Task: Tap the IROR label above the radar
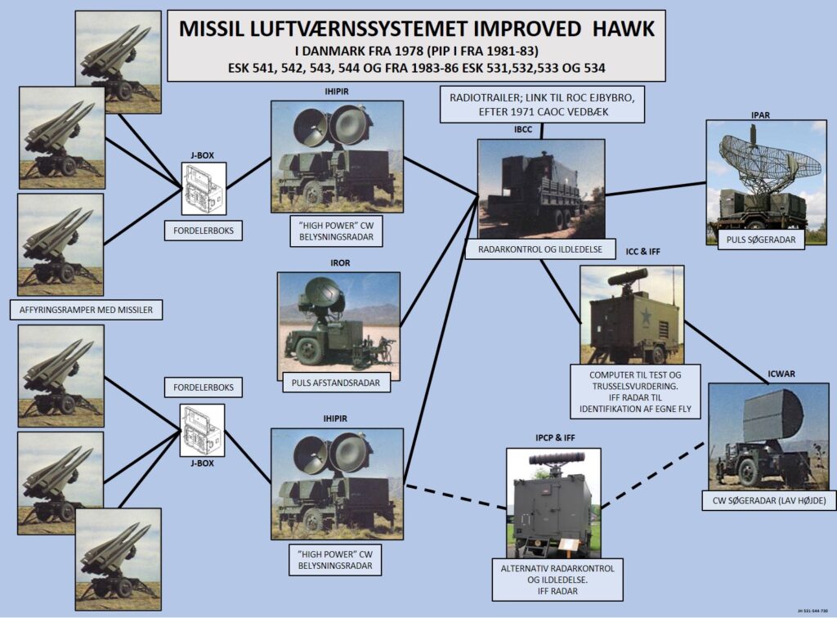[x=338, y=264]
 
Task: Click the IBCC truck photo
[x=541, y=188]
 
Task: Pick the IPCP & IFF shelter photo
[x=553, y=500]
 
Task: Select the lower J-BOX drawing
[x=202, y=431]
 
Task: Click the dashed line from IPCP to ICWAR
[x=654, y=472]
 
